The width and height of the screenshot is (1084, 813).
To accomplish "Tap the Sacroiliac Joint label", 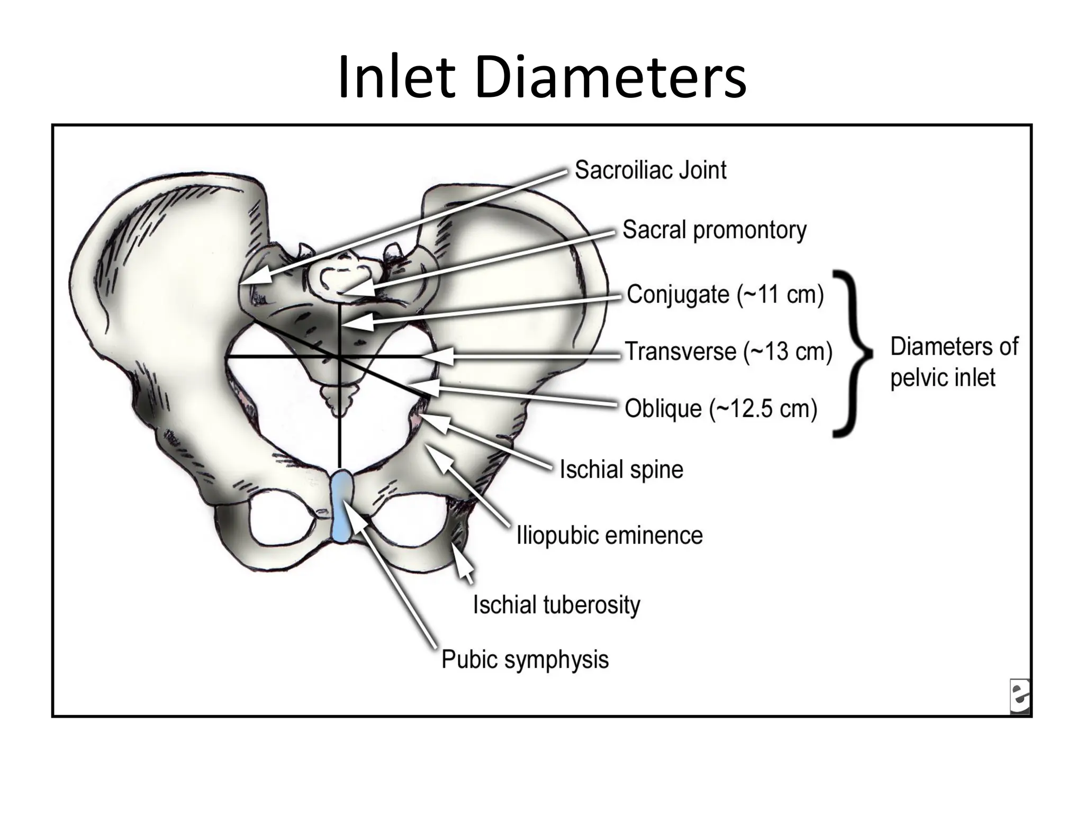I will [x=650, y=170].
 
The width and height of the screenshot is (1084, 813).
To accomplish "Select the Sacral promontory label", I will [x=713, y=230].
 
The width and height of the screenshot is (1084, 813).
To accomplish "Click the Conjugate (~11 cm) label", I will [x=725, y=295].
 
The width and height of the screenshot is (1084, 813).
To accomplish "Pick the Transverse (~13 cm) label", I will [x=728, y=352].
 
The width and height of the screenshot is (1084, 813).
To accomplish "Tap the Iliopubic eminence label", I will [x=609, y=536].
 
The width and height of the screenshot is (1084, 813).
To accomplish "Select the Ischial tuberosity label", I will [x=556, y=605].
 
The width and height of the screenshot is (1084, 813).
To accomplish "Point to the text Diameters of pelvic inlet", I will [x=954, y=362].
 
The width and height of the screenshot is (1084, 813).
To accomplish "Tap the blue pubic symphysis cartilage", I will [x=341, y=505].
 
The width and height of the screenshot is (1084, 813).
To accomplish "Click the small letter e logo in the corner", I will [x=1019, y=697].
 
